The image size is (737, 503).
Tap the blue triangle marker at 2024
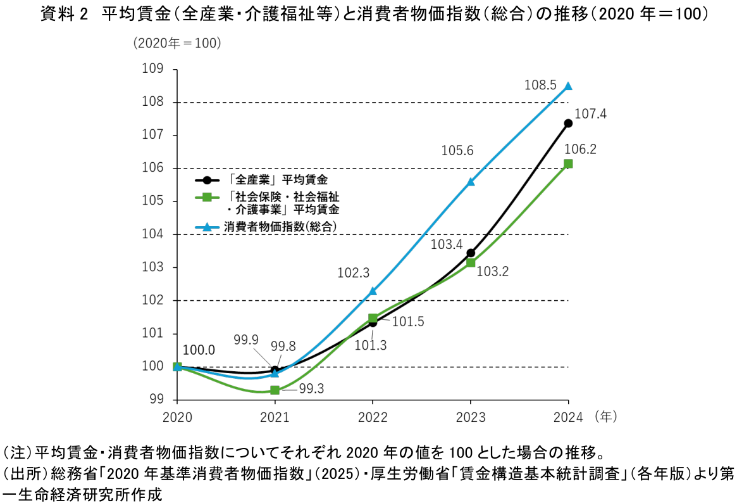(568, 86)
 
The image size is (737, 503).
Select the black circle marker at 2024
(568, 123)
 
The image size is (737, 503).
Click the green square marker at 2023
(471, 262)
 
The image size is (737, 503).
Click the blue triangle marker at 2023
(471, 182)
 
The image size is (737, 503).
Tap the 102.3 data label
(353, 273)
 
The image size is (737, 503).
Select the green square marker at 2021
(275, 390)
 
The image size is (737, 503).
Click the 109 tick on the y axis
(155, 69)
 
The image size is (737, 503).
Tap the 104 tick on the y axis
(155, 234)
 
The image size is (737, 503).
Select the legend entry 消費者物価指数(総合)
(279, 226)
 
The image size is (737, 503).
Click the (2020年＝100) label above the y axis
(177, 43)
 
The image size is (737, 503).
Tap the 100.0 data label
(199, 350)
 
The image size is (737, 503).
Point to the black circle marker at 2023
(471, 253)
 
